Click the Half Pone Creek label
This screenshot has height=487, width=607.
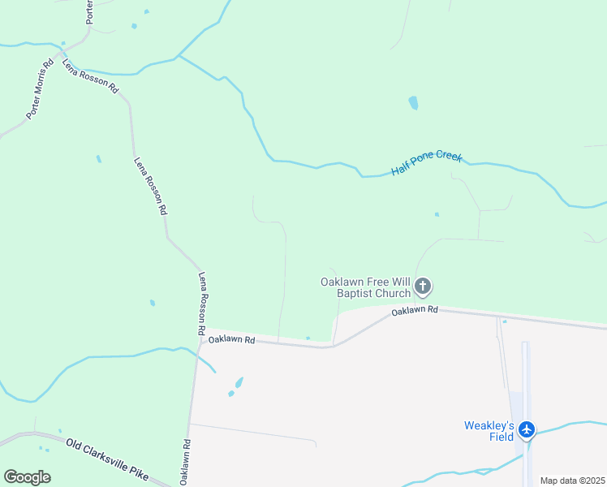pos(427,162)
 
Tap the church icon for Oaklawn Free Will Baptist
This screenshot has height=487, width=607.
pos(423,286)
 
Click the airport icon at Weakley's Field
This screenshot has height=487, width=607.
pos(527,429)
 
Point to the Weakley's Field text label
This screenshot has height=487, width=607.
pos(489,431)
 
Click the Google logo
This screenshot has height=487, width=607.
pos(27,476)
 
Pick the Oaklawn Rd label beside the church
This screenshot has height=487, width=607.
pos(415,311)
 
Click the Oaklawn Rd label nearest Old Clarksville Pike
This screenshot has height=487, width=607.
pos(185,463)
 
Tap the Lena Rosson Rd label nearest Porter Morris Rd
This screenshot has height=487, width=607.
pos(90,76)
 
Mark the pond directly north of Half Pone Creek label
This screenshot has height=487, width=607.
pos(413,103)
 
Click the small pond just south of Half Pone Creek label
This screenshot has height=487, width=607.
pos(437,214)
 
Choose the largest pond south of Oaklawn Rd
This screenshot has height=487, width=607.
pos(239,381)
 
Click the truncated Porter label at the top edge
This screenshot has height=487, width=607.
pos(89,11)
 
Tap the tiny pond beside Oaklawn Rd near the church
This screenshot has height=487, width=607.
pos(308,338)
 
